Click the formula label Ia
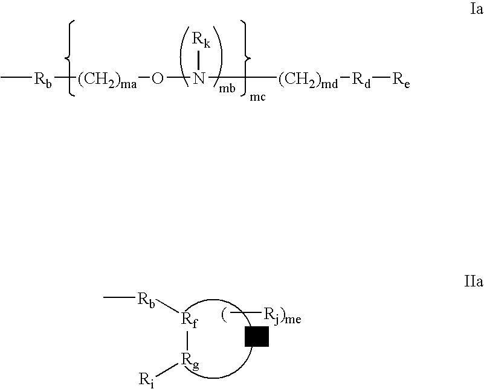tap(476, 10)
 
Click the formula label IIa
tap(474, 282)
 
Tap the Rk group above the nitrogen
tap(201, 39)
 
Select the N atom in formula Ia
tap(199, 78)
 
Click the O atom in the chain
tap(157, 79)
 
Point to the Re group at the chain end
tap(401, 80)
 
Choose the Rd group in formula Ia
tap(361, 80)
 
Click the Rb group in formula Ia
tap(43, 80)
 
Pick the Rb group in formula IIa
tap(146, 300)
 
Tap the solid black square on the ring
tap(257, 337)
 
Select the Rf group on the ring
tap(189, 320)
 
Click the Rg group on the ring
tap(190, 361)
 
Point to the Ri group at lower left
tap(147, 379)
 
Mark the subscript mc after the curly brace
tap(257, 97)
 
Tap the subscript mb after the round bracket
tap(227, 89)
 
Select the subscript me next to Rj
tap(293, 320)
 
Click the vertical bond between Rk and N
tap(198, 60)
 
